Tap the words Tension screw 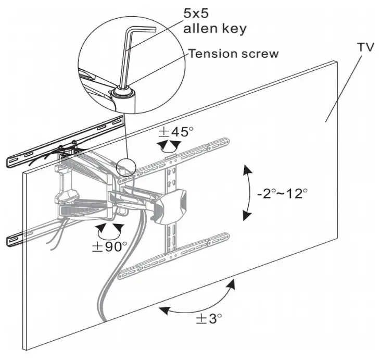click(x=233, y=54)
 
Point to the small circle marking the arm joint click(x=125, y=168)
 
